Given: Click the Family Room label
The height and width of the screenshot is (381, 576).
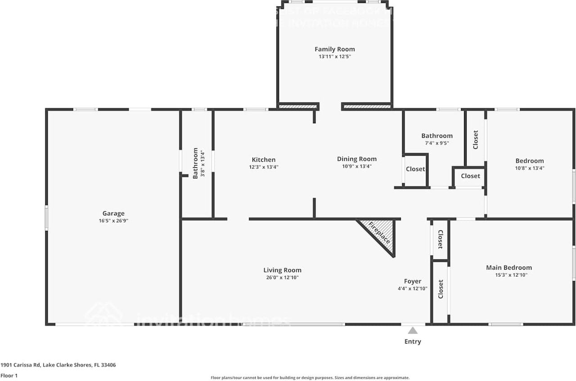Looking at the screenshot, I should (334, 49).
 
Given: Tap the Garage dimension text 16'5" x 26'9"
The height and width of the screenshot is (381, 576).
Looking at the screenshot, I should (113, 221).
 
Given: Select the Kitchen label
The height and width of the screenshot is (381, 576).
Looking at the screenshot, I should (263, 159).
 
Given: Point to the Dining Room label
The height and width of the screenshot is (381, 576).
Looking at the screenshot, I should (357, 159).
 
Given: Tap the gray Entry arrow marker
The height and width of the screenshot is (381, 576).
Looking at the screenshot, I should (413, 331).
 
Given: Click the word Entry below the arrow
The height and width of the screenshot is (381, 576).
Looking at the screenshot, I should (413, 341).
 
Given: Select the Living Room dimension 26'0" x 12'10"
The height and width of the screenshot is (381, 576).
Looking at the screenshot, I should (282, 277).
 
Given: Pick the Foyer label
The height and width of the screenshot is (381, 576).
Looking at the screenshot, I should (412, 281).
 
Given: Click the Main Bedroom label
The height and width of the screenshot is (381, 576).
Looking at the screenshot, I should (508, 267).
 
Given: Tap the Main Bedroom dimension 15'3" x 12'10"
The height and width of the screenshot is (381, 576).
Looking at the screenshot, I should (508, 275).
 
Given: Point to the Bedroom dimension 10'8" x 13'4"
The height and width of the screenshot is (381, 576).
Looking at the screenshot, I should (529, 168).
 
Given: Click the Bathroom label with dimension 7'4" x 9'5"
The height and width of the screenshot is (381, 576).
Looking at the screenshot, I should (436, 136).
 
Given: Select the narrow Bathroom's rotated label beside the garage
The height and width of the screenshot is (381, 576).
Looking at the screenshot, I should (195, 163).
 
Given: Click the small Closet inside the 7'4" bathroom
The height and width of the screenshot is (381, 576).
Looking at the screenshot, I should (415, 169).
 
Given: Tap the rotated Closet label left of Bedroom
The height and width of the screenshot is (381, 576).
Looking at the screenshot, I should (475, 140).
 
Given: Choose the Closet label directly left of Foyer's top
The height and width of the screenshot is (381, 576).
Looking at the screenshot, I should (440, 239).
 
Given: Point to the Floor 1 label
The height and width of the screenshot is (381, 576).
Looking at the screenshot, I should (9, 376).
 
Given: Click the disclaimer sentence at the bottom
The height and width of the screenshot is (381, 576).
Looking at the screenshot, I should (310, 378).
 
